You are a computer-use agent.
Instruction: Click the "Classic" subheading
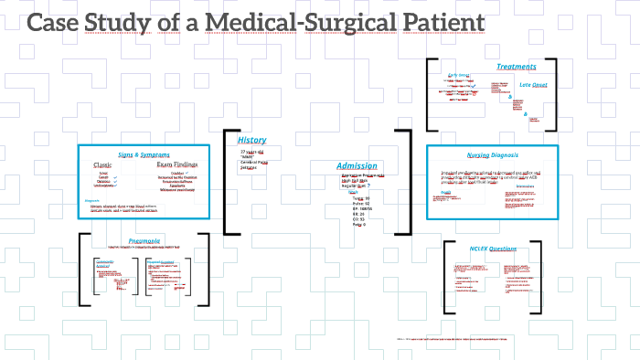(106, 164)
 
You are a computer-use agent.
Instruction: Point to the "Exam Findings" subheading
(179, 164)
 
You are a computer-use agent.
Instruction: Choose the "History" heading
(252, 140)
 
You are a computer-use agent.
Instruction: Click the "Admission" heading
(357, 165)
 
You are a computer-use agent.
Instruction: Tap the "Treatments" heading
(517, 66)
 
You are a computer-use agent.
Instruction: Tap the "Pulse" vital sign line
(357, 204)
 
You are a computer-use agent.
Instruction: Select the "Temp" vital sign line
(357, 197)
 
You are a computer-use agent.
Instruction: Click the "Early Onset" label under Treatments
(459, 76)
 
